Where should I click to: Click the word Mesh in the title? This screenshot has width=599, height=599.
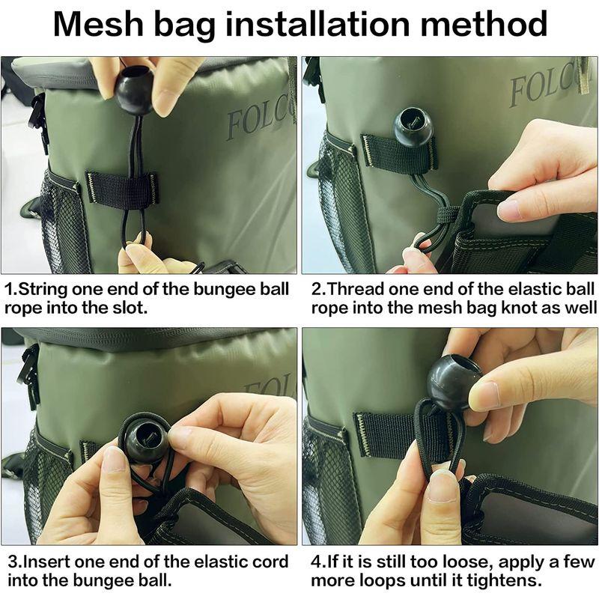pos(98,24)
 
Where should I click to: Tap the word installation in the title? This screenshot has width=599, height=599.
pos(318,24)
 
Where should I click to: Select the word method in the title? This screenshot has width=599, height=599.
pos(484,24)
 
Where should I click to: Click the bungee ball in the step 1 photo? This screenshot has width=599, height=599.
pos(135,91)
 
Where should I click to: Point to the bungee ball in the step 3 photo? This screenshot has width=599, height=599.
pos(147,439)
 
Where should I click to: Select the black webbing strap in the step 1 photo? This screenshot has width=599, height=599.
pos(122,188)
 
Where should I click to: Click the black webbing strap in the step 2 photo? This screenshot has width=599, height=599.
pos(399,152)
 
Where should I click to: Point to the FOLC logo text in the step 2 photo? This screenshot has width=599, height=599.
pos(547,88)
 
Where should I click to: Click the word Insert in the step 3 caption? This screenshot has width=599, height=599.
pos(46,562)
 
